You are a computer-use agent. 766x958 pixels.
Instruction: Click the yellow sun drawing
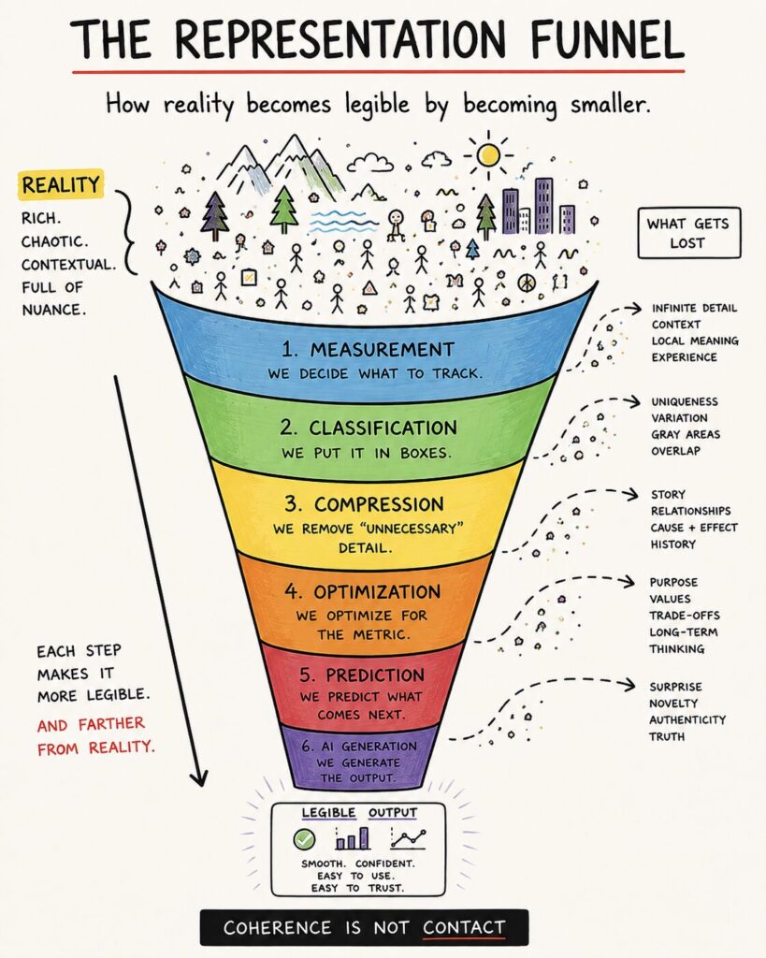[x=488, y=155]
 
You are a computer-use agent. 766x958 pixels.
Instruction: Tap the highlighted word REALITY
[x=61, y=184]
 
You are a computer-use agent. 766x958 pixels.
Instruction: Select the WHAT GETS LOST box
[x=688, y=233]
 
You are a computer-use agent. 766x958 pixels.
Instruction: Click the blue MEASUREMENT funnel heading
[x=368, y=350]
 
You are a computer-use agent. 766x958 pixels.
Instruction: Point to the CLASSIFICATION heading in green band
[x=369, y=428]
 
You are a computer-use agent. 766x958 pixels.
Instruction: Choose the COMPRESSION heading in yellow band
[x=364, y=504]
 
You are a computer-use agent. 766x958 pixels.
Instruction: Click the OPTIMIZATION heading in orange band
[x=362, y=591]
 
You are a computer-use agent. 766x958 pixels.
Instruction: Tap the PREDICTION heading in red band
[x=362, y=675]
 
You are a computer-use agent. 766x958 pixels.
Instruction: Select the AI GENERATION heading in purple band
[x=359, y=746]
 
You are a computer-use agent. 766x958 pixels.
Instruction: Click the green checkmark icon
[x=304, y=839]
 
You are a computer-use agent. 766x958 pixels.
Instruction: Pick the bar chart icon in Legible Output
[x=353, y=838]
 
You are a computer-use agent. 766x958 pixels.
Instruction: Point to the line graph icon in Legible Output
[x=409, y=838]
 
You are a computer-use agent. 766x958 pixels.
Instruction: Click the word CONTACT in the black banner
[x=464, y=927]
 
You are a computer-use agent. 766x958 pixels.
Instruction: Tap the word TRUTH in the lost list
[x=667, y=736]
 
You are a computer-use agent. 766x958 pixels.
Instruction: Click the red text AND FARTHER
[x=91, y=725]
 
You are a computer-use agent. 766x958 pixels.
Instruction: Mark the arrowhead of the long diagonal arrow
[x=199, y=779]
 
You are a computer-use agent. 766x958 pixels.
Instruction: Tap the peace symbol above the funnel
[x=526, y=283]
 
